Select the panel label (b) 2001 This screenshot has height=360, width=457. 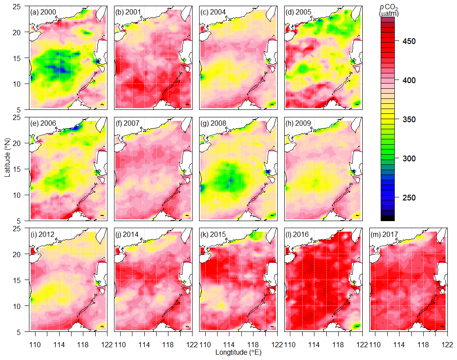[x=128, y=12]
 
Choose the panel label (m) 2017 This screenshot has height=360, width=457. [x=384, y=234]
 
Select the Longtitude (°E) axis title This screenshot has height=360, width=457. [x=239, y=353]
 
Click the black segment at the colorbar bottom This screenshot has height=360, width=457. [x=388, y=218]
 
